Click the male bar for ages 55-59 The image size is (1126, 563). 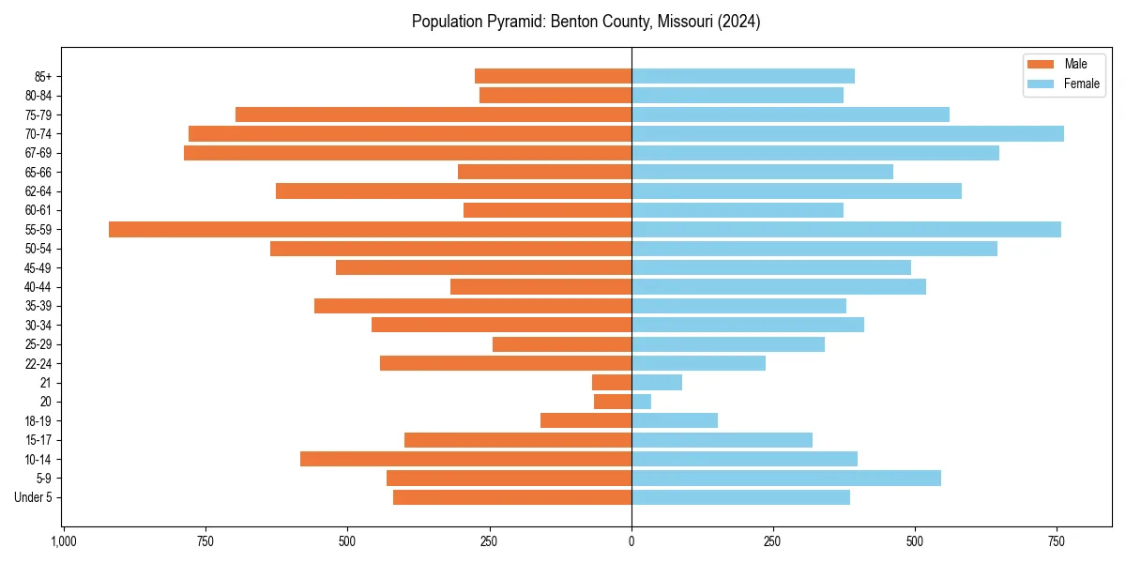[370, 230]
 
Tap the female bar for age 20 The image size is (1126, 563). [641, 402]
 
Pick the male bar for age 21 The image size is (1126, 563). [612, 383]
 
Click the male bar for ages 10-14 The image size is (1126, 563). [465, 459]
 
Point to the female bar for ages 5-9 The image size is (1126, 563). [786, 479]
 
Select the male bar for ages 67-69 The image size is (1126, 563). [407, 153]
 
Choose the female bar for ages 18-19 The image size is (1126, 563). [675, 421]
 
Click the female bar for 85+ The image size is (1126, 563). [743, 76]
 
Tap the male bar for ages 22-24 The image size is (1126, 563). [506, 363]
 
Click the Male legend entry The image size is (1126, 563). [1075, 64]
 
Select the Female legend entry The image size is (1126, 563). [1081, 84]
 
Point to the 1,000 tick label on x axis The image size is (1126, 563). [64, 541]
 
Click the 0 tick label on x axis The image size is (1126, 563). [631, 541]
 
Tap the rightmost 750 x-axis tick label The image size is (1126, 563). [1058, 541]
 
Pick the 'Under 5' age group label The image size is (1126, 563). [33, 497]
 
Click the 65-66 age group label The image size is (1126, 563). [38, 173]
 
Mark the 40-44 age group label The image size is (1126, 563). [38, 287]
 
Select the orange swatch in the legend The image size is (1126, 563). [1042, 64]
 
